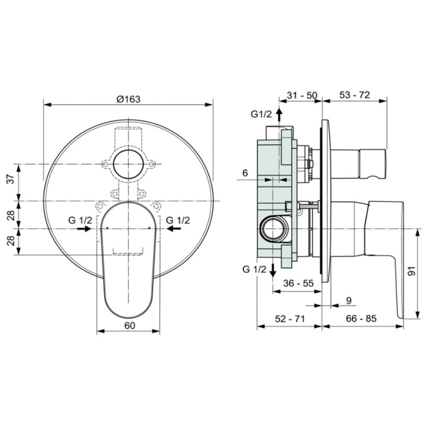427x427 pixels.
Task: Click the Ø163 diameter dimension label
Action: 128,99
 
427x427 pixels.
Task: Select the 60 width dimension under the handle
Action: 130,325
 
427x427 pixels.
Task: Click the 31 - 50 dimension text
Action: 302,95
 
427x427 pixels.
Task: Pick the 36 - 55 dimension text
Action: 298,283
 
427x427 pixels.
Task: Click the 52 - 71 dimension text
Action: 290,319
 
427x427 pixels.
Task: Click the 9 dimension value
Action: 349,301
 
